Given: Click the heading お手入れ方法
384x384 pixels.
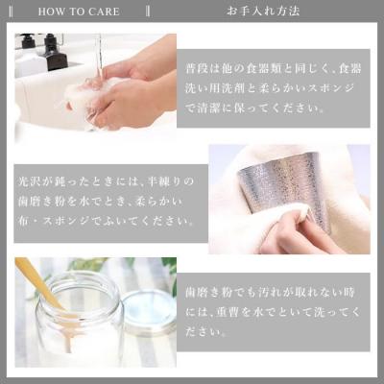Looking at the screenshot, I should [263, 12].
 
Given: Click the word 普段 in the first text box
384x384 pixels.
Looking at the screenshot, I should [204, 71].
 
